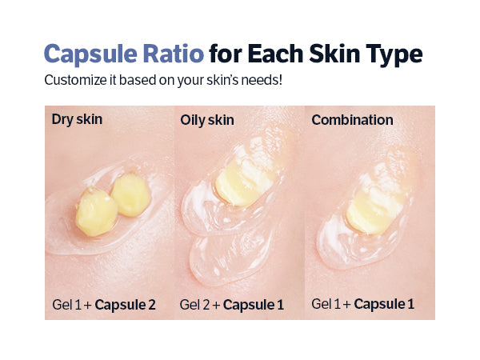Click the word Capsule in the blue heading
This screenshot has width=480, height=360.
click(90, 54)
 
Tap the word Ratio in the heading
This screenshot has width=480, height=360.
click(174, 54)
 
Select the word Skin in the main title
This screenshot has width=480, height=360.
click(334, 54)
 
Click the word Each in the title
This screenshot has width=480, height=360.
click(275, 54)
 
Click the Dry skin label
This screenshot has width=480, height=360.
click(77, 119)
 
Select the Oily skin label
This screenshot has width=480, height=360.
click(207, 120)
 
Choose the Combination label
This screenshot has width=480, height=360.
click(352, 120)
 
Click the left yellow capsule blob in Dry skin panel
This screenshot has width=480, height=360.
click(96, 212)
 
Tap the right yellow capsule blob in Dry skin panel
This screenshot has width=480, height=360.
click(130, 194)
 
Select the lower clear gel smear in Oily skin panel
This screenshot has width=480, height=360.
click(230, 257)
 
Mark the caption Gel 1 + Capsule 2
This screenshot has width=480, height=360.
click(104, 305)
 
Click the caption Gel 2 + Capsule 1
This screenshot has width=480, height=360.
click(232, 305)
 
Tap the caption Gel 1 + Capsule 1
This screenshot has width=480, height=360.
click(362, 304)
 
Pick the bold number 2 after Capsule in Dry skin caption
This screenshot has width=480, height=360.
click(152, 305)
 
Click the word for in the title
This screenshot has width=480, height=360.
click(226, 54)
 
